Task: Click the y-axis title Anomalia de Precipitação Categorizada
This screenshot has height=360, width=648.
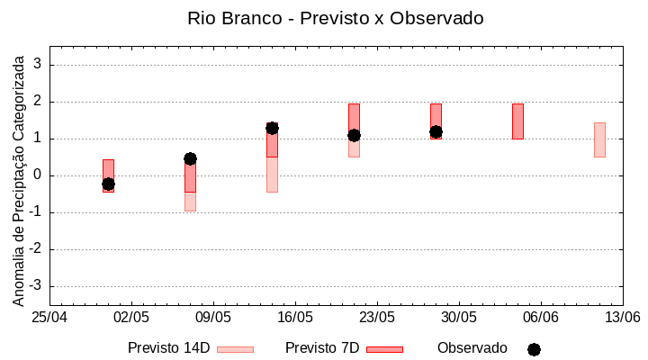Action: tap(19, 178)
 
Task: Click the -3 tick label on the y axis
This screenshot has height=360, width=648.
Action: tap(36, 286)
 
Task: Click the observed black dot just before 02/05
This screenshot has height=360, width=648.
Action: tap(108, 184)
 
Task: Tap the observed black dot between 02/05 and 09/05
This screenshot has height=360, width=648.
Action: tap(190, 158)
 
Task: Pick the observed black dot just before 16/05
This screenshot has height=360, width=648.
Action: tap(272, 128)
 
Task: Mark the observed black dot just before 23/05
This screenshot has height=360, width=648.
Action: tap(354, 135)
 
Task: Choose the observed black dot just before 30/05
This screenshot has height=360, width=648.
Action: tap(436, 131)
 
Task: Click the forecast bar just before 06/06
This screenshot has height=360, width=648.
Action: tap(517, 121)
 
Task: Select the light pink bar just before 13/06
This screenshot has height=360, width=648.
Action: tap(599, 139)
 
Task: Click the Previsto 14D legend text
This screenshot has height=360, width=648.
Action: tap(168, 348)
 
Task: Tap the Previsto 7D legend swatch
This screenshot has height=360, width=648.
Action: tap(384, 349)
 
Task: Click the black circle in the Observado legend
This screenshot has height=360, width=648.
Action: tap(534, 349)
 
